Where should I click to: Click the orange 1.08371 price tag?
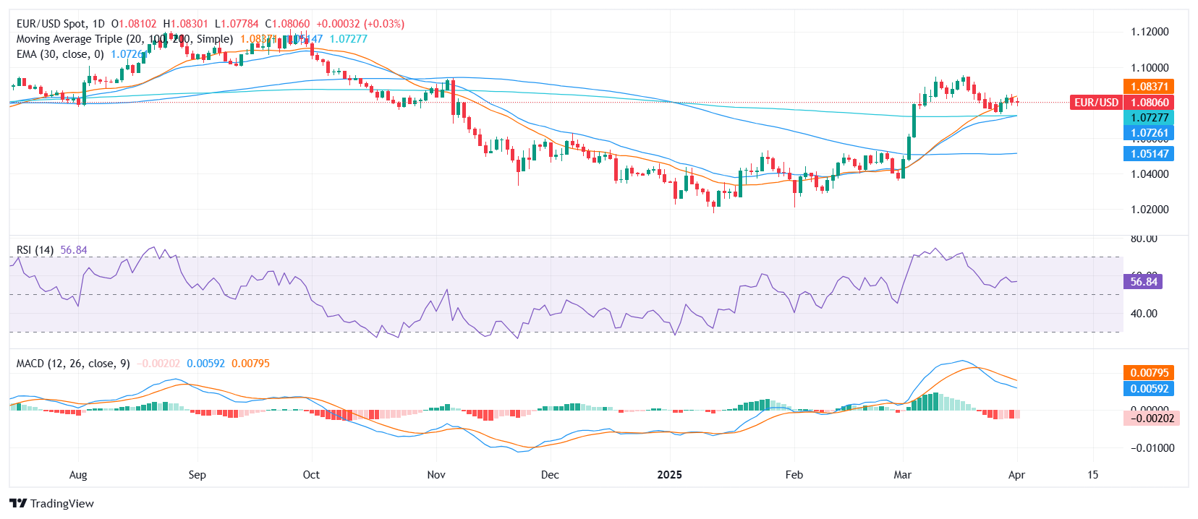point(1149,87)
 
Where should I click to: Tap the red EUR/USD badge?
point(1096,103)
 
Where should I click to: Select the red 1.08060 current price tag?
point(1149,103)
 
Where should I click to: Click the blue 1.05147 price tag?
point(1149,154)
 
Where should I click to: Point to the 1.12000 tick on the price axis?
point(1150,32)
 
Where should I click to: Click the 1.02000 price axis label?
point(1150,210)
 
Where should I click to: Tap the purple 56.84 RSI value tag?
point(1143,282)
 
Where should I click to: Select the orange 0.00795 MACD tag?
point(1149,373)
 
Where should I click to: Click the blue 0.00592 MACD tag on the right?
point(1149,389)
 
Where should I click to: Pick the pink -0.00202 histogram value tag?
point(1152,419)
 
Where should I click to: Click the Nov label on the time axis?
point(436,475)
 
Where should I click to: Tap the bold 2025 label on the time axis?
point(669,475)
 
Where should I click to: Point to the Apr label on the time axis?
point(1016,475)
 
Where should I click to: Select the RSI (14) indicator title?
point(35,250)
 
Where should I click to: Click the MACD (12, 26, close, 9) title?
point(73,364)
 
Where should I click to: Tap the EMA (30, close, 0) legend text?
point(60,54)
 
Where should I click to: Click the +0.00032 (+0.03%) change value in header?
point(360,24)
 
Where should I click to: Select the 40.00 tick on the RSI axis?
point(1144,314)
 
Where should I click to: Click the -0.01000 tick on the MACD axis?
point(1150,448)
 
